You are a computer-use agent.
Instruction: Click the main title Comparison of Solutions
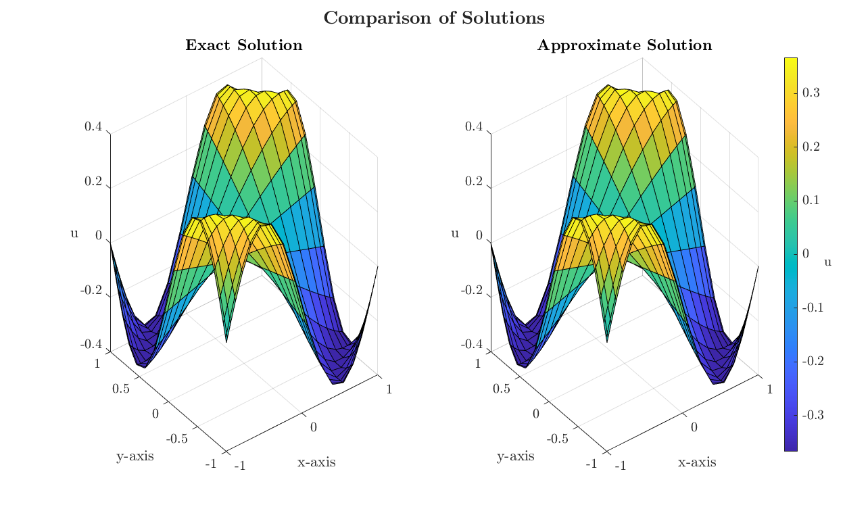(x=434, y=18)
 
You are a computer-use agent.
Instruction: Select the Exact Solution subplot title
(x=244, y=46)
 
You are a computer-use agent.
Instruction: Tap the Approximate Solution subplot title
(x=624, y=46)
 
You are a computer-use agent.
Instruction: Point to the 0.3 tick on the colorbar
(x=811, y=93)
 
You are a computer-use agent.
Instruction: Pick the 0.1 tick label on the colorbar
(x=811, y=200)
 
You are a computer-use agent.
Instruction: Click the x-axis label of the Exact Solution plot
(x=316, y=462)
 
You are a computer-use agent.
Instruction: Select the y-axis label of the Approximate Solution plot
(x=515, y=456)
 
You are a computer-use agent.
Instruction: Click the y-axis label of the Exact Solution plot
(x=135, y=456)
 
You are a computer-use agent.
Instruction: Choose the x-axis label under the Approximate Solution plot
(x=697, y=462)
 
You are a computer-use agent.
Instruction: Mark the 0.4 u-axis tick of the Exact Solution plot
(x=93, y=127)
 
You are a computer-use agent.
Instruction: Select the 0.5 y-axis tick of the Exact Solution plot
(x=122, y=389)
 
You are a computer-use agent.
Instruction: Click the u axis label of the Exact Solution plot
(x=74, y=234)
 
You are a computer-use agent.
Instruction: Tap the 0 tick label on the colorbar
(x=806, y=254)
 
